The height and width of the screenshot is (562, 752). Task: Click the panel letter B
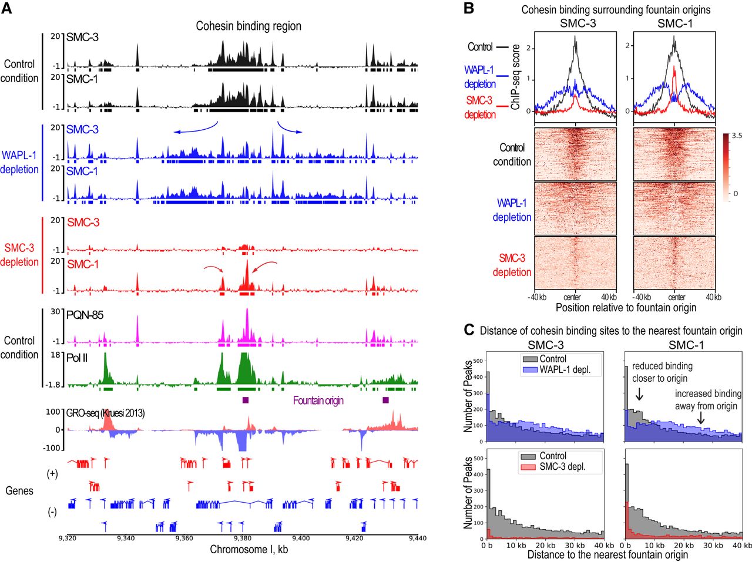coord(469,9)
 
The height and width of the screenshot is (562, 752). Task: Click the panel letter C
coord(469,330)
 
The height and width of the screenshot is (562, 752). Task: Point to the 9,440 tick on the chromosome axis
coord(417,537)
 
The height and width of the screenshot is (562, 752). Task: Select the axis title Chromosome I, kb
coord(249,550)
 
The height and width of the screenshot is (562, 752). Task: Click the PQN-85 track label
coord(85,315)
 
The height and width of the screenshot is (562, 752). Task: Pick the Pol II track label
coord(77,357)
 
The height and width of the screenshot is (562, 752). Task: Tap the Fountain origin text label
coord(318,401)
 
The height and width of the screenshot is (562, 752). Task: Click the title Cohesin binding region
coord(249,26)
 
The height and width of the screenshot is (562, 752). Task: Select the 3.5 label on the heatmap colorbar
coord(737,136)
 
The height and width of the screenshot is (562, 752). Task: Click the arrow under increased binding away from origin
coord(700,418)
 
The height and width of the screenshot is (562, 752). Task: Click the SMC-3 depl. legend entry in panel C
coord(562,467)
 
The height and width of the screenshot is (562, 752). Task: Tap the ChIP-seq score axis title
coord(516,77)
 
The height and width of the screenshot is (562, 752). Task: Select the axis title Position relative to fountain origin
coord(625,308)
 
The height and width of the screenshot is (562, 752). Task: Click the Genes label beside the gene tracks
coord(19,490)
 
